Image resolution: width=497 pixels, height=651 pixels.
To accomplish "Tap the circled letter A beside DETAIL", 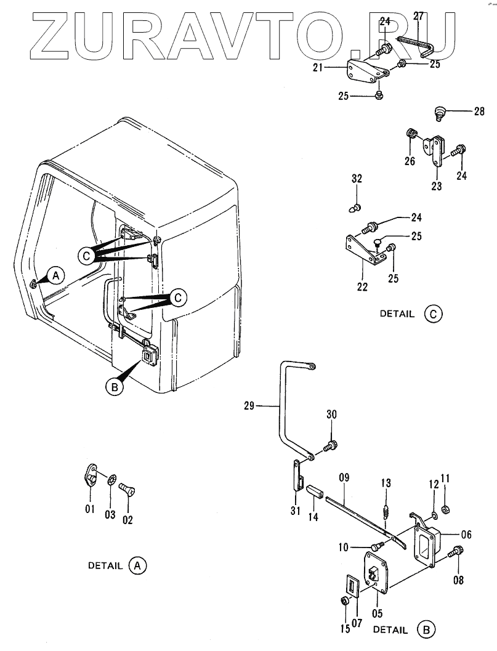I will coord(137,565).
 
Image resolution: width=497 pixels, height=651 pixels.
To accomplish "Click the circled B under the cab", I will coord(113,387).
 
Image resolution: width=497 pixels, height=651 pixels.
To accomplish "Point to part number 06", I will coord(466,535).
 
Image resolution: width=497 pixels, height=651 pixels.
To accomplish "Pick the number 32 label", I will coord(357,179).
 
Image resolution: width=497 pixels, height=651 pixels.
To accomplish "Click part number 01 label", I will coord(90,509).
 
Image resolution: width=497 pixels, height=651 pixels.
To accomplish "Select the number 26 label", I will coord(410,162).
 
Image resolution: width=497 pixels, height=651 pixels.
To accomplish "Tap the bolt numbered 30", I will coord(333,445).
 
